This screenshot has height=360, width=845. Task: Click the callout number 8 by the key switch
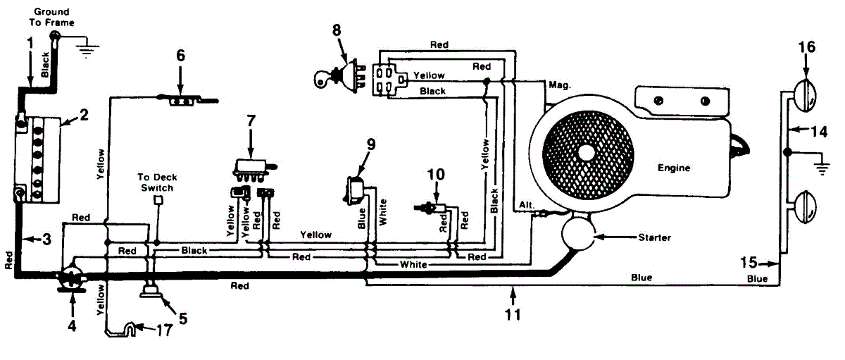(337, 30)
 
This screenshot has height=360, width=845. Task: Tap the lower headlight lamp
(807, 206)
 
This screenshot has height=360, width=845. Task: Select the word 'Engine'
(673, 168)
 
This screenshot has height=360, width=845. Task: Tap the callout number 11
(513, 315)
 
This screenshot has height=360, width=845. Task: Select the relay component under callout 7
(251, 166)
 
